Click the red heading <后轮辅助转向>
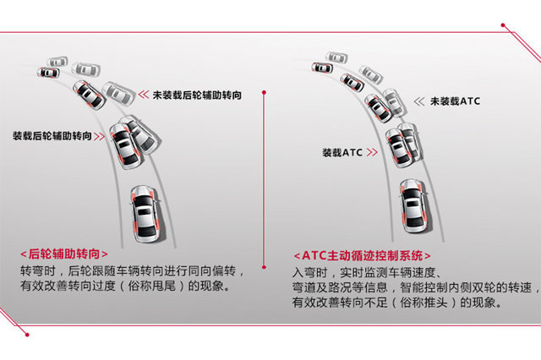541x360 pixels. pos(64,254)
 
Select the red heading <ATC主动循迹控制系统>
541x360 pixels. pos(363,256)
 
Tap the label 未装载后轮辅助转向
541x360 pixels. pos(197,95)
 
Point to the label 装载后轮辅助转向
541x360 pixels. pos(52,136)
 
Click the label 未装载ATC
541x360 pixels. pos(455,101)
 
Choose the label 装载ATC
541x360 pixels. pos(342,152)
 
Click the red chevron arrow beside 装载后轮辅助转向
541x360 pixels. pos(99,137)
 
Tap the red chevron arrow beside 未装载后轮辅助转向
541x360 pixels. pos(144,95)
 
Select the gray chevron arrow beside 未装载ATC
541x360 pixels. pos(419,101)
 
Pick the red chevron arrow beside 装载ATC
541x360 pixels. pos(372,152)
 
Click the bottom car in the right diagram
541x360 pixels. pos(414,206)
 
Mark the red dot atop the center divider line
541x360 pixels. pos(264,92)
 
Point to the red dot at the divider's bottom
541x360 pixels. pos(264,267)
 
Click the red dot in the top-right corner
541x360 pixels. pos(503,25)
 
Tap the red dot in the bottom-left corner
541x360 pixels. pos(27,335)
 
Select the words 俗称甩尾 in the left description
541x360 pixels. pos(151,286)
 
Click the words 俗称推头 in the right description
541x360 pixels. pos(424,303)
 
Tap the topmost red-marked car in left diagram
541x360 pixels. pos(48,73)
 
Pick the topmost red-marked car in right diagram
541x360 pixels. pos(322,68)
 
